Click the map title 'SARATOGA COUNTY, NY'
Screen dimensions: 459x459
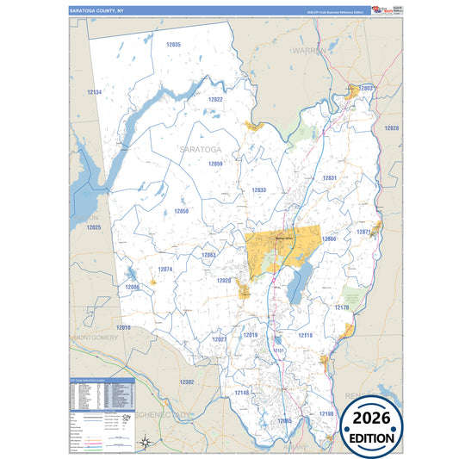(97, 11)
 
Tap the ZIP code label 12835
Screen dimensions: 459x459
(174, 44)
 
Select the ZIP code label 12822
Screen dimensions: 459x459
(215, 99)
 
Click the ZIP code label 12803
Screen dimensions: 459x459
(367, 88)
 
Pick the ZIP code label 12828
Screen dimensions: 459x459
(392, 127)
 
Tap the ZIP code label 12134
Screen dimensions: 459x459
(95, 91)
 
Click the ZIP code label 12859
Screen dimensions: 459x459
(214, 164)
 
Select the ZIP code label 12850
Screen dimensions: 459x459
(181, 211)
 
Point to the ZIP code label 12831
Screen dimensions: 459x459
(330, 177)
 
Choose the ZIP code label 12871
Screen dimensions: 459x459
(364, 232)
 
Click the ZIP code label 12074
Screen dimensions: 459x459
(166, 270)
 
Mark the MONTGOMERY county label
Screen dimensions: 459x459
(96, 338)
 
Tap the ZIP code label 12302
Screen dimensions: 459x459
(187, 381)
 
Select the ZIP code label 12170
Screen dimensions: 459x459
(342, 307)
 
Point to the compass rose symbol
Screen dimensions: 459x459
(147, 443)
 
